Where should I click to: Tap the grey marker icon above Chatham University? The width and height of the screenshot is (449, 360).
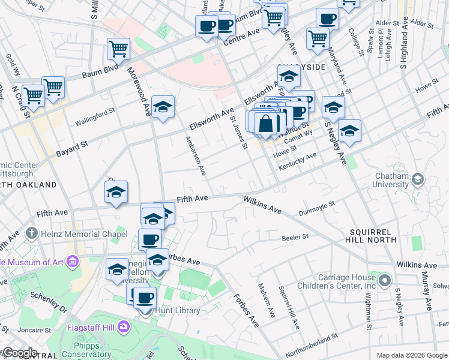click(418, 179)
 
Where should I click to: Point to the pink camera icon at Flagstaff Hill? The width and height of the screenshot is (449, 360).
click(123, 327)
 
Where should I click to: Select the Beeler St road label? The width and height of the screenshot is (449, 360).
click(295, 238)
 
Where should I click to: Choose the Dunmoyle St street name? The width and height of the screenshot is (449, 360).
click(333, 208)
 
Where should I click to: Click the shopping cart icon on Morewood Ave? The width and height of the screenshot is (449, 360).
click(118, 49)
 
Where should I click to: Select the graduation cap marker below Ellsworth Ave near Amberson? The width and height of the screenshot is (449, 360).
click(163, 107)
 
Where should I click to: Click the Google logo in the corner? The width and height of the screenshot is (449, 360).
click(20, 353)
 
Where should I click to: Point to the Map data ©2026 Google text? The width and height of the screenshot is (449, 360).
click(411, 355)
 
